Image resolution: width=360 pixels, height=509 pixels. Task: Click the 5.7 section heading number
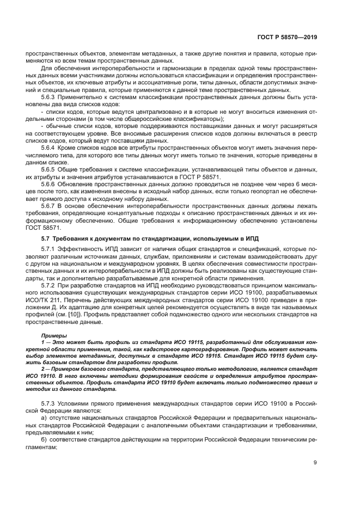[x=46, y=239]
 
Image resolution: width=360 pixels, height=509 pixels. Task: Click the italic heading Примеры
[x=52, y=335]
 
